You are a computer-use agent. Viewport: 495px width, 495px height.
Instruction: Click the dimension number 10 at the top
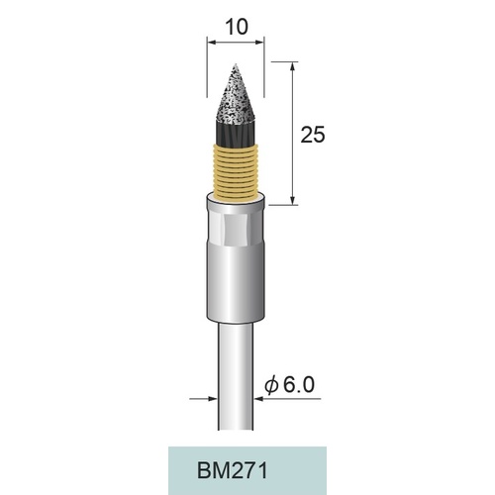tap(236, 27)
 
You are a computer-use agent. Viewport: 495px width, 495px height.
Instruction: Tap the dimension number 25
tap(313, 135)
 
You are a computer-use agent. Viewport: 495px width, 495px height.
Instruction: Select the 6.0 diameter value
tap(299, 384)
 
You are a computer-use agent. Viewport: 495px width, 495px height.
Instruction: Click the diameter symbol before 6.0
tap(271, 385)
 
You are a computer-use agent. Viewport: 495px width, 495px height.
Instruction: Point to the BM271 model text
tap(232, 470)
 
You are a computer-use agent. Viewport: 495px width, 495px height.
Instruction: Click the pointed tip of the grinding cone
tap(236, 63)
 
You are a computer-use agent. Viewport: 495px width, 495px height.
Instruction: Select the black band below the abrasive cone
tap(236, 134)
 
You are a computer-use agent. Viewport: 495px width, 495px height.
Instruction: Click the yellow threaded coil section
tap(236, 171)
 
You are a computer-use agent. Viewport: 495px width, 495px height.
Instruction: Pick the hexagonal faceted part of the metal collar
tap(236, 230)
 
